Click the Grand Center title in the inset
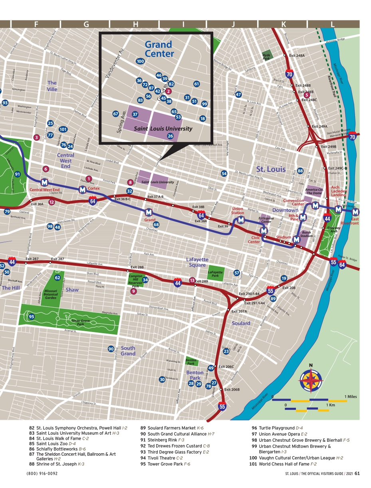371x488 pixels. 159,49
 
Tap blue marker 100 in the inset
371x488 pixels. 140,61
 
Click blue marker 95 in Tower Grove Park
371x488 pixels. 32,316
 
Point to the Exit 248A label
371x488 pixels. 297,56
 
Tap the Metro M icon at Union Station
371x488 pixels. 241,219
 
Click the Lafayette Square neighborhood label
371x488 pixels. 197,262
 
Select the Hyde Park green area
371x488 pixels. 266,56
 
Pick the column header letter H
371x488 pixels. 136,24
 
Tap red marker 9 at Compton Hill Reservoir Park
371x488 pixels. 133,291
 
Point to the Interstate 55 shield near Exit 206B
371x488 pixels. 222,407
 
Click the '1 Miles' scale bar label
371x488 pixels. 350,397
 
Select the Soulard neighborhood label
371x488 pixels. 241,323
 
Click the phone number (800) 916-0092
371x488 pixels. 42,474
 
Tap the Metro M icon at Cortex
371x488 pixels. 82,190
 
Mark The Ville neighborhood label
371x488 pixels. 52,86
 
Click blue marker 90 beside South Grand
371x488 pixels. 111,349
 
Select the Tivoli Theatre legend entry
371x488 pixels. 165,458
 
